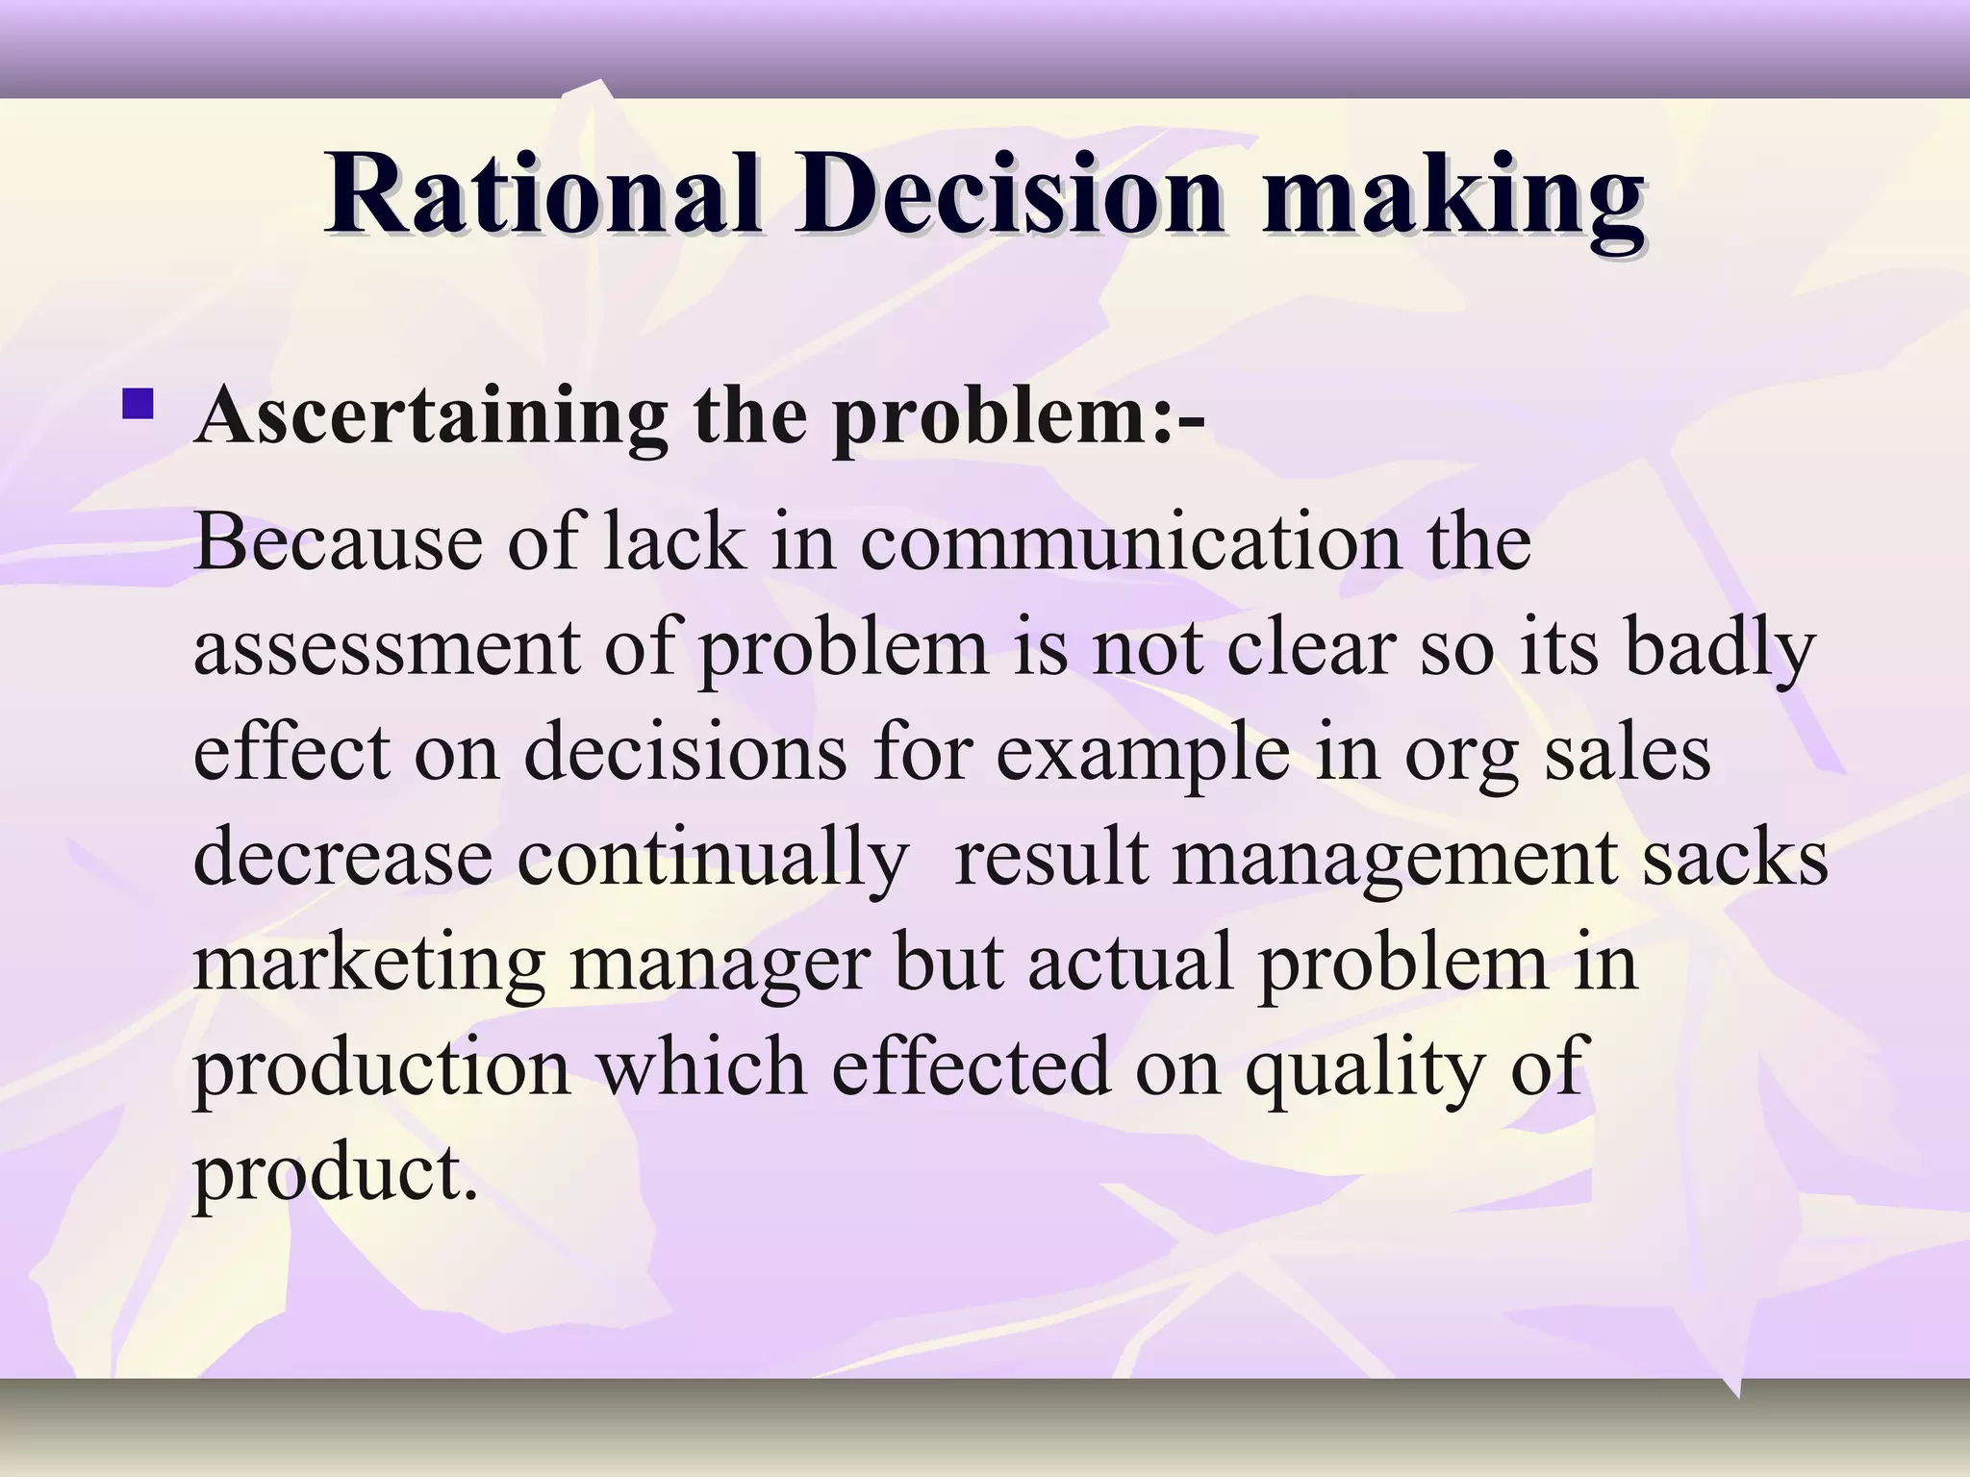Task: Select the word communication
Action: coord(1130,541)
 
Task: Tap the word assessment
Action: coord(388,647)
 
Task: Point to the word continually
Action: coord(712,859)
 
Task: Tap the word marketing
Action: coord(369,964)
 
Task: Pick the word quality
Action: coord(1367,1070)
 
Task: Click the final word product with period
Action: coord(336,1176)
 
